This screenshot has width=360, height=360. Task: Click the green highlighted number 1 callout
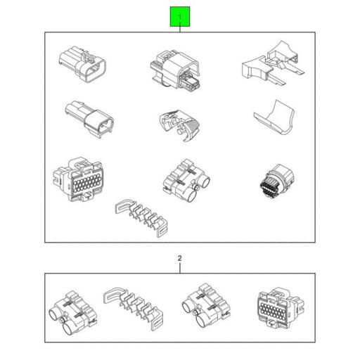pos(180,17)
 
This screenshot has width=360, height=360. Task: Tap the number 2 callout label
pos(179,258)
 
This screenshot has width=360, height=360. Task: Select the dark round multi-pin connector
pos(277,181)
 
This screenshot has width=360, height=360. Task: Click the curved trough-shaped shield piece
pos(274,117)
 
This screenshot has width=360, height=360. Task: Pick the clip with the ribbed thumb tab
pos(179,125)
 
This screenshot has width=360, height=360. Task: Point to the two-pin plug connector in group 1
pos(89,119)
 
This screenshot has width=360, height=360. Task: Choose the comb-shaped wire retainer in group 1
pos(142,217)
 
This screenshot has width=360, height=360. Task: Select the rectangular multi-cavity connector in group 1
pos(79,179)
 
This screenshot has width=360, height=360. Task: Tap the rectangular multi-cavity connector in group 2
pos(281,308)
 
